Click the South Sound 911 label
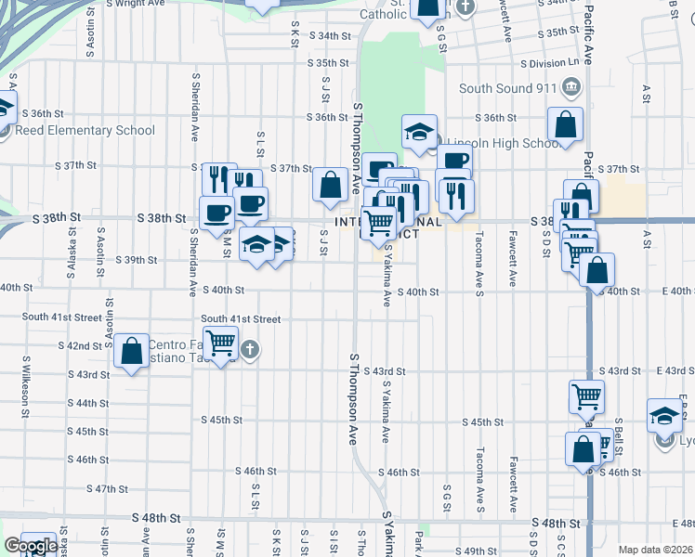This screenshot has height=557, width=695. (507, 89)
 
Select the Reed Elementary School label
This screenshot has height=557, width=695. (84, 130)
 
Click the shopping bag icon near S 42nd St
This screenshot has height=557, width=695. (132, 352)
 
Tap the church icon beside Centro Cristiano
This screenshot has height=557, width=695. (248, 350)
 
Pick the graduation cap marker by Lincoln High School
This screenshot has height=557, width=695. (419, 131)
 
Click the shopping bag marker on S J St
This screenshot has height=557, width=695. (330, 184)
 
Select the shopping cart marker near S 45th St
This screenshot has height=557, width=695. (587, 395)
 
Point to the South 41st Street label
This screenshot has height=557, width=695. (59, 317)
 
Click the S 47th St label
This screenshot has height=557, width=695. (107, 488)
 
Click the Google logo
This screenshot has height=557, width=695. (31, 546)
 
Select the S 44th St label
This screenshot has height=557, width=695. (88, 403)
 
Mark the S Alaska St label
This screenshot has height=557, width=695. (72, 259)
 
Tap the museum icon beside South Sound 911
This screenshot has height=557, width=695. (570, 89)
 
